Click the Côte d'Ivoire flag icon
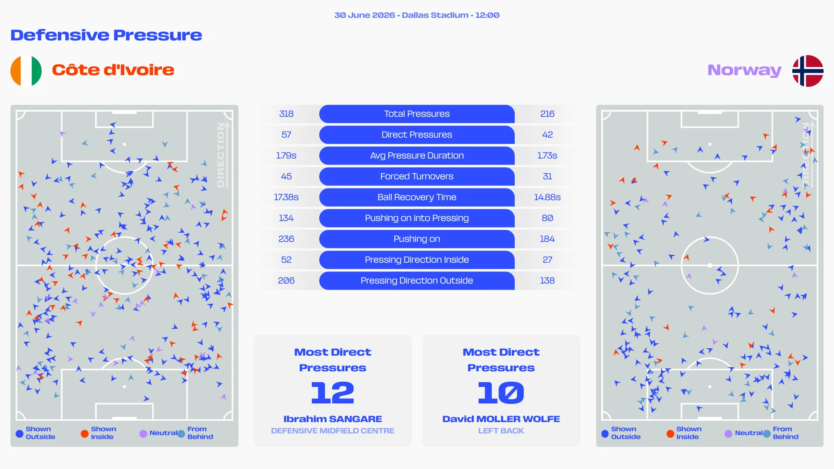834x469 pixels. pyautogui.click(x=26, y=71)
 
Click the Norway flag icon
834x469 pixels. pyautogui.click(x=808, y=71)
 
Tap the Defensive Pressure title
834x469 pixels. pyautogui.click(x=106, y=35)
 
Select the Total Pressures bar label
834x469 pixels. pyautogui.click(x=417, y=114)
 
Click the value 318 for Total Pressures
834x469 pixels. pyautogui.click(x=286, y=114)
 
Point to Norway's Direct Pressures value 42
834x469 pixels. pyautogui.click(x=547, y=135)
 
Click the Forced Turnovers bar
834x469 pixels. pyautogui.click(x=417, y=176)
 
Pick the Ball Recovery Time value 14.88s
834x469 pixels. pyautogui.click(x=547, y=197)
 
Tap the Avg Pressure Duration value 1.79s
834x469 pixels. pyautogui.click(x=286, y=155)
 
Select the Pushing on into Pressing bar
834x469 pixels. pyautogui.click(x=417, y=218)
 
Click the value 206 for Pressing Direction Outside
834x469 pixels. pyautogui.click(x=286, y=281)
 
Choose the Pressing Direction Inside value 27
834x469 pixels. pyautogui.click(x=547, y=260)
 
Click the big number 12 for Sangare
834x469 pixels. pyautogui.click(x=333, y=393)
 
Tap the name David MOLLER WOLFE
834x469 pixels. pyautogui.click(x=501, y=419)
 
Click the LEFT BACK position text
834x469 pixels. pyautogui.click(x=501, y=431)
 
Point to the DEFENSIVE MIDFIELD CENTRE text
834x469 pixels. pyautogui.click(x=333, y=431)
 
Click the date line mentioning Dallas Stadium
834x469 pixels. pyautogui.click(x=417, y=15)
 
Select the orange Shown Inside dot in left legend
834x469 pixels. pyautogui.click(x=85, y=433)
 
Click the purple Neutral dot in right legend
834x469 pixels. pyautogui.click(x=728, y=433)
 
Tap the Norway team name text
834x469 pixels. pyautogui.click(x=745, y=70)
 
